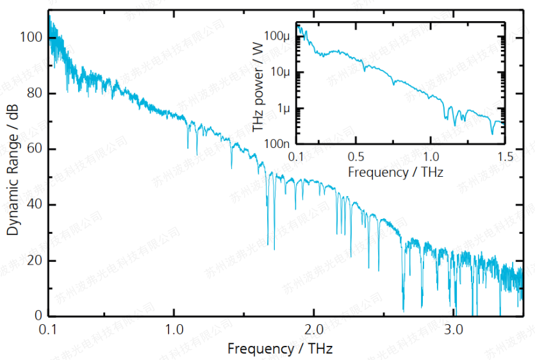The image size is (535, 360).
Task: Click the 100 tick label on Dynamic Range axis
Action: point(30,38)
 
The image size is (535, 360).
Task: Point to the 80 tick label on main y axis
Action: point(33,94)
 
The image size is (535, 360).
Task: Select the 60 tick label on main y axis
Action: point(33,149)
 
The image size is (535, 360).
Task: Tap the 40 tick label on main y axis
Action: point(33,205)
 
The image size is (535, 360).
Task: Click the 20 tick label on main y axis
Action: point(33,261)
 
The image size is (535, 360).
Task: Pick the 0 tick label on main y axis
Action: point(37,316)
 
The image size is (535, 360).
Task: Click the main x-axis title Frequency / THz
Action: point(280,348)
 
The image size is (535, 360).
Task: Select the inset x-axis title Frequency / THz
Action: point(395,172)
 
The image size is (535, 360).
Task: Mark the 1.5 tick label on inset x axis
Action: point(505,157)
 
